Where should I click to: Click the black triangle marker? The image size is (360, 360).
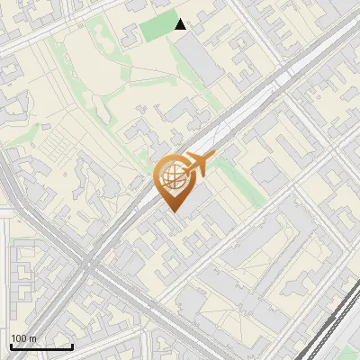click(x=181, y=24)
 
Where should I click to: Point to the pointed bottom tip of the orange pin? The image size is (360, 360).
click(x=173, y=212)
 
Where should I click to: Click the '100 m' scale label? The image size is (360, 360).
click(x=23, y=337)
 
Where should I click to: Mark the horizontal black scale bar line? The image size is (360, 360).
click(x=41, y=346)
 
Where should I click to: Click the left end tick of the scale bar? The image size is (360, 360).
click(x=11, y=345)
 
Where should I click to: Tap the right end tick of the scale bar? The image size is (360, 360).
click(x=72, y=345)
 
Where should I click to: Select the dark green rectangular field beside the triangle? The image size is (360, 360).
click(x=159, y=29)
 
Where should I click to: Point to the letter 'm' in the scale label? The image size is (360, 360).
click(x=32, y=337)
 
